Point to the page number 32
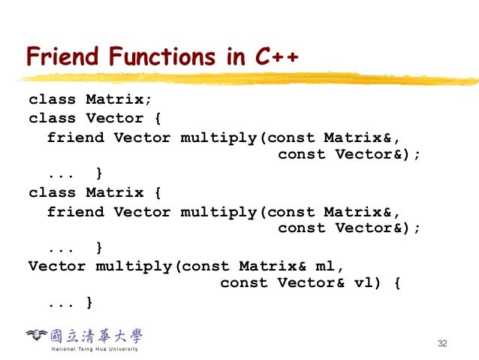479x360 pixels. pyautogui.click(x=441, y=343)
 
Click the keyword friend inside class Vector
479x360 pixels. pyautogui.click(x=75, y=137)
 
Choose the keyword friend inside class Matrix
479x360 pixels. pyautogui.click(x=75, y=211)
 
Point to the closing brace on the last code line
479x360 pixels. pyautogui.click(x=89, y=303)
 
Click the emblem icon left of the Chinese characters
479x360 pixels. pyautogui.click(x=36, y=336)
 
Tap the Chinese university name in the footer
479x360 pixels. pyautogui.click(x=95, y=335)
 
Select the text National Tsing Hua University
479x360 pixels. pyautogui.click(x=94, y=349)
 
